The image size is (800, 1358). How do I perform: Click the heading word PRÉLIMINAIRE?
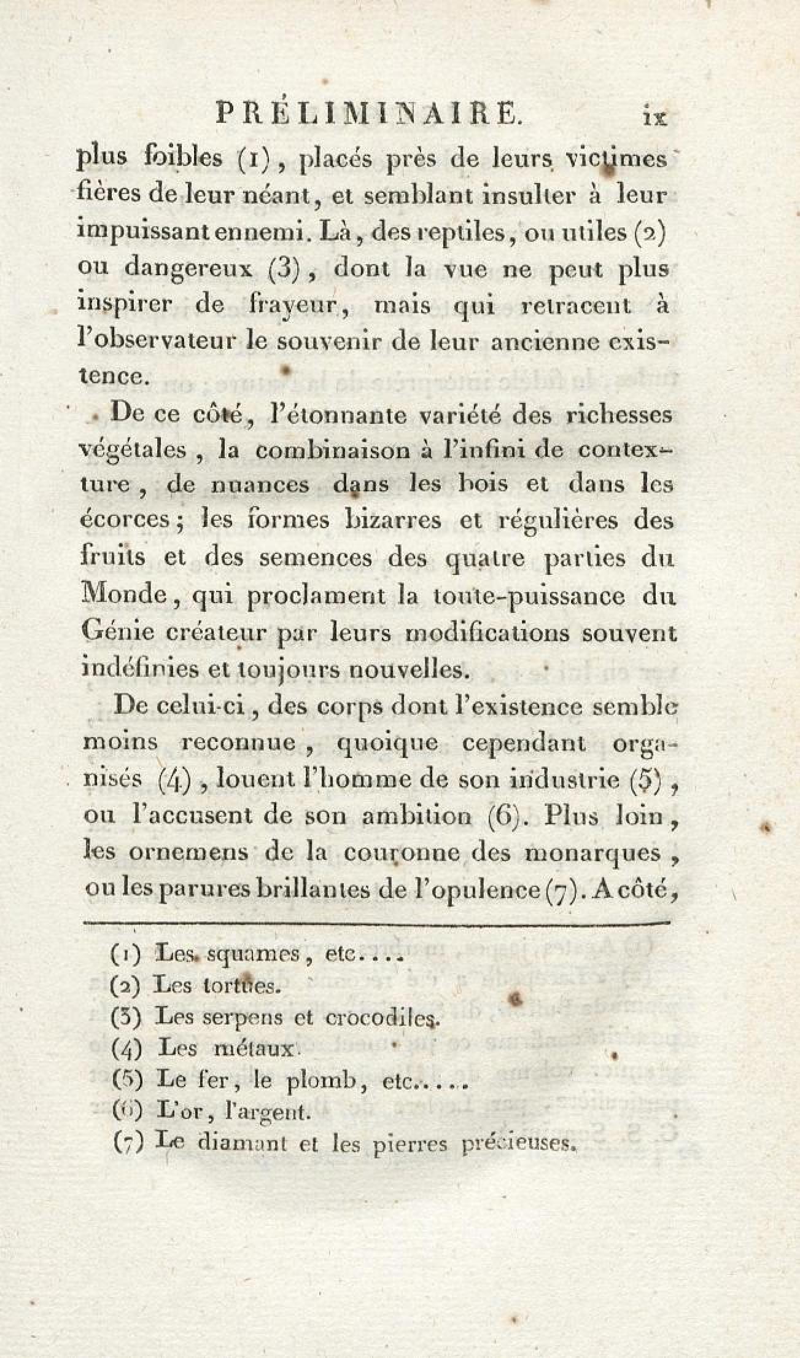click(368, 115)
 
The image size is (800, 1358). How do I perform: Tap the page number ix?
click(654, 116)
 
